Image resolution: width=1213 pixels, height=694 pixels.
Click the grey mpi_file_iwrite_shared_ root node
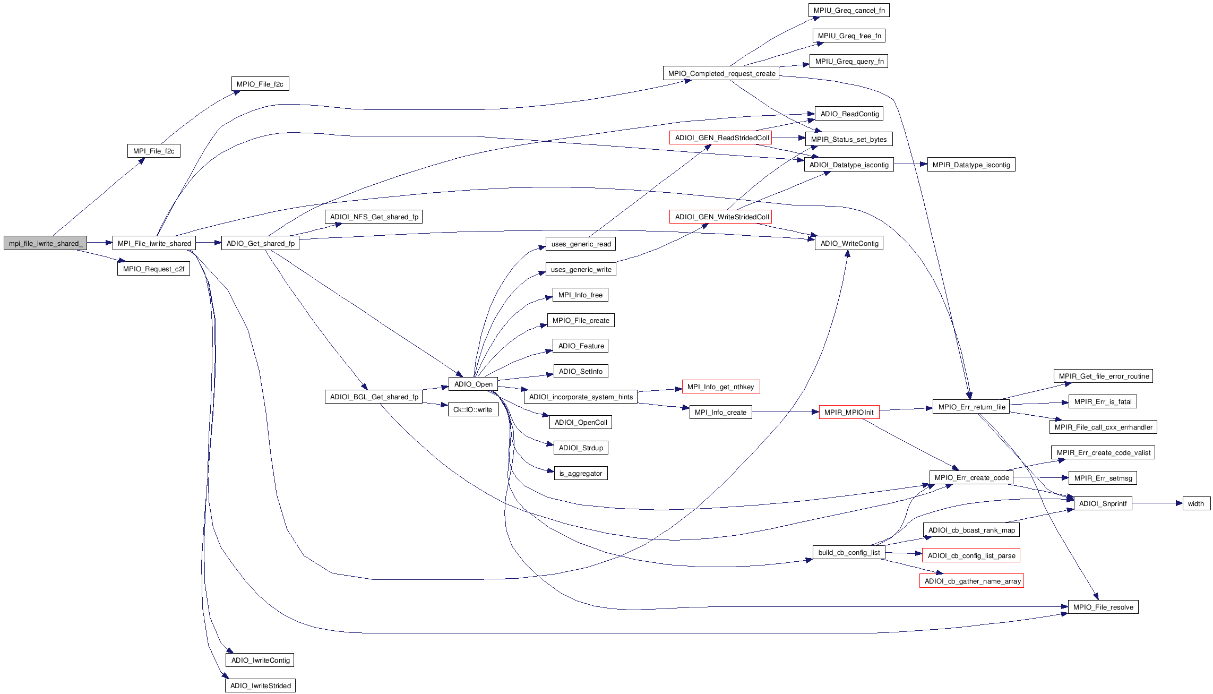[45, 243]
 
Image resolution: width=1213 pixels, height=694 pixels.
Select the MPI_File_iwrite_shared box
[154, 243]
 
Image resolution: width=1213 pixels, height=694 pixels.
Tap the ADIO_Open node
[473, 384]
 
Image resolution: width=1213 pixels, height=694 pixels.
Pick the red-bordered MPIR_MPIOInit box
[849, 412]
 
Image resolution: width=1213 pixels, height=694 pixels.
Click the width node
[1196, 503]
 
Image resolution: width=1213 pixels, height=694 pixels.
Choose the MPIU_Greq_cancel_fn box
[848, 10]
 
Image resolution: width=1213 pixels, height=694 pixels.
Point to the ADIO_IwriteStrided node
[260, 686]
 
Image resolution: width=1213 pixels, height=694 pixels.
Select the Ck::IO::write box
[472, 409]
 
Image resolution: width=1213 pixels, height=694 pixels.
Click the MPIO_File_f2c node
[260, 84]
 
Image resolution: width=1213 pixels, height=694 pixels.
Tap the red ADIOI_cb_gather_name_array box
[971, 581]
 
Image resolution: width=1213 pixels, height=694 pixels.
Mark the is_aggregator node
[580, 473]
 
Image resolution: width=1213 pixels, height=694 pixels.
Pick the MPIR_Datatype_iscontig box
[971, 165]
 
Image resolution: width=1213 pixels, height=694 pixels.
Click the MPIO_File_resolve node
[1103, 607]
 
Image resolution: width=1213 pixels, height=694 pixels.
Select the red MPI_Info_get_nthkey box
[720, 387]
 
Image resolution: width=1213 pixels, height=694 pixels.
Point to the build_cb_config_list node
[849, 552]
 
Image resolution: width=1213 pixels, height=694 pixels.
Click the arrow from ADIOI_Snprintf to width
[1157, 503]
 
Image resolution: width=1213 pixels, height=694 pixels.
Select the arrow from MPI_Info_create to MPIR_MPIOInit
[786, 412]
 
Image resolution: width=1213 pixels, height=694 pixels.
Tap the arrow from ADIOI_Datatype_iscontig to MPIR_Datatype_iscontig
[910, 165]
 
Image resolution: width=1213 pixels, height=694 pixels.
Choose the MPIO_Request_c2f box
[153, 269]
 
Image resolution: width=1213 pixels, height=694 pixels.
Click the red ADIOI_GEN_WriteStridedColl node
[720, 217]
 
